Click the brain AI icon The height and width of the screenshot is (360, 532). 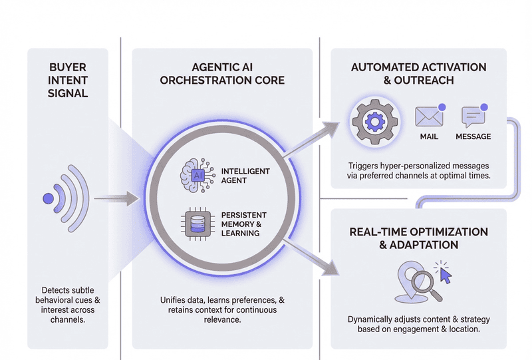pyautogui.click(x=198, y=175)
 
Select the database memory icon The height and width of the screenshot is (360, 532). pyautogui.click(x=198, y=224)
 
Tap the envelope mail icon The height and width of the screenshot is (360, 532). pyautogui.click(x=429, y=117)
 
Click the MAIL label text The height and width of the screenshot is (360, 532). pyautogui.click(x=429, y=136)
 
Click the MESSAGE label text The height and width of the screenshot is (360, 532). pyautogui.click(x=473, y=136)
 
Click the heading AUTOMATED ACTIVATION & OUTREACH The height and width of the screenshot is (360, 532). pyautogui.click(x=418, y=73)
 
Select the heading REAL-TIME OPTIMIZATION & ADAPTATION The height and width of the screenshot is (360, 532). pyautogui.click(x=418, y=238)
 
